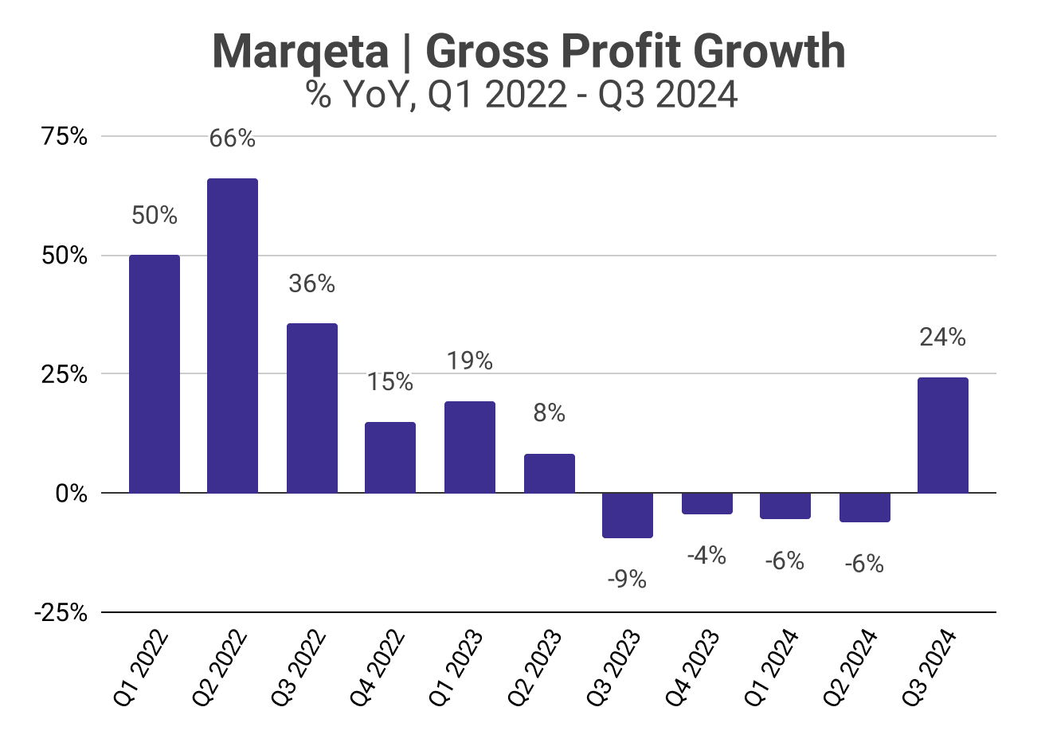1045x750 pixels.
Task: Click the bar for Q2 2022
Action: (x=233, y=335)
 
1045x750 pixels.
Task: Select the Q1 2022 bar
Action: (x=155, y=373)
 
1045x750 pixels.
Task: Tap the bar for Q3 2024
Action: (x=943, y=435)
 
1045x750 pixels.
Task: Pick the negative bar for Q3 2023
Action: (x=627, y=515)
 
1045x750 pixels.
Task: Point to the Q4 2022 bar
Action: (x=390, y=457)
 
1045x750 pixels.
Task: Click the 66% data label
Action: (x=233, y=139)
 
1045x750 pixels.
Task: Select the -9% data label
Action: (x=627, y=580)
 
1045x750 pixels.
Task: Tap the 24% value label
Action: (x=943, y=338)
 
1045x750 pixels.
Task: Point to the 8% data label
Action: (x=549, y=413)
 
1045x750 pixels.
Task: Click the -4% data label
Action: (x=706, y=556)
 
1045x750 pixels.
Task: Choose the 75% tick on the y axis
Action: (x=65, y=136)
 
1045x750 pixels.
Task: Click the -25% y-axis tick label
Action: (x=61, y=612)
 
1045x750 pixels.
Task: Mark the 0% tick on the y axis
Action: (x=72, y=494)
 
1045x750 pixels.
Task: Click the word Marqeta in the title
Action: (x=299, y=53)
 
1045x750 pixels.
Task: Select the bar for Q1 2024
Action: (x=785, y=506)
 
